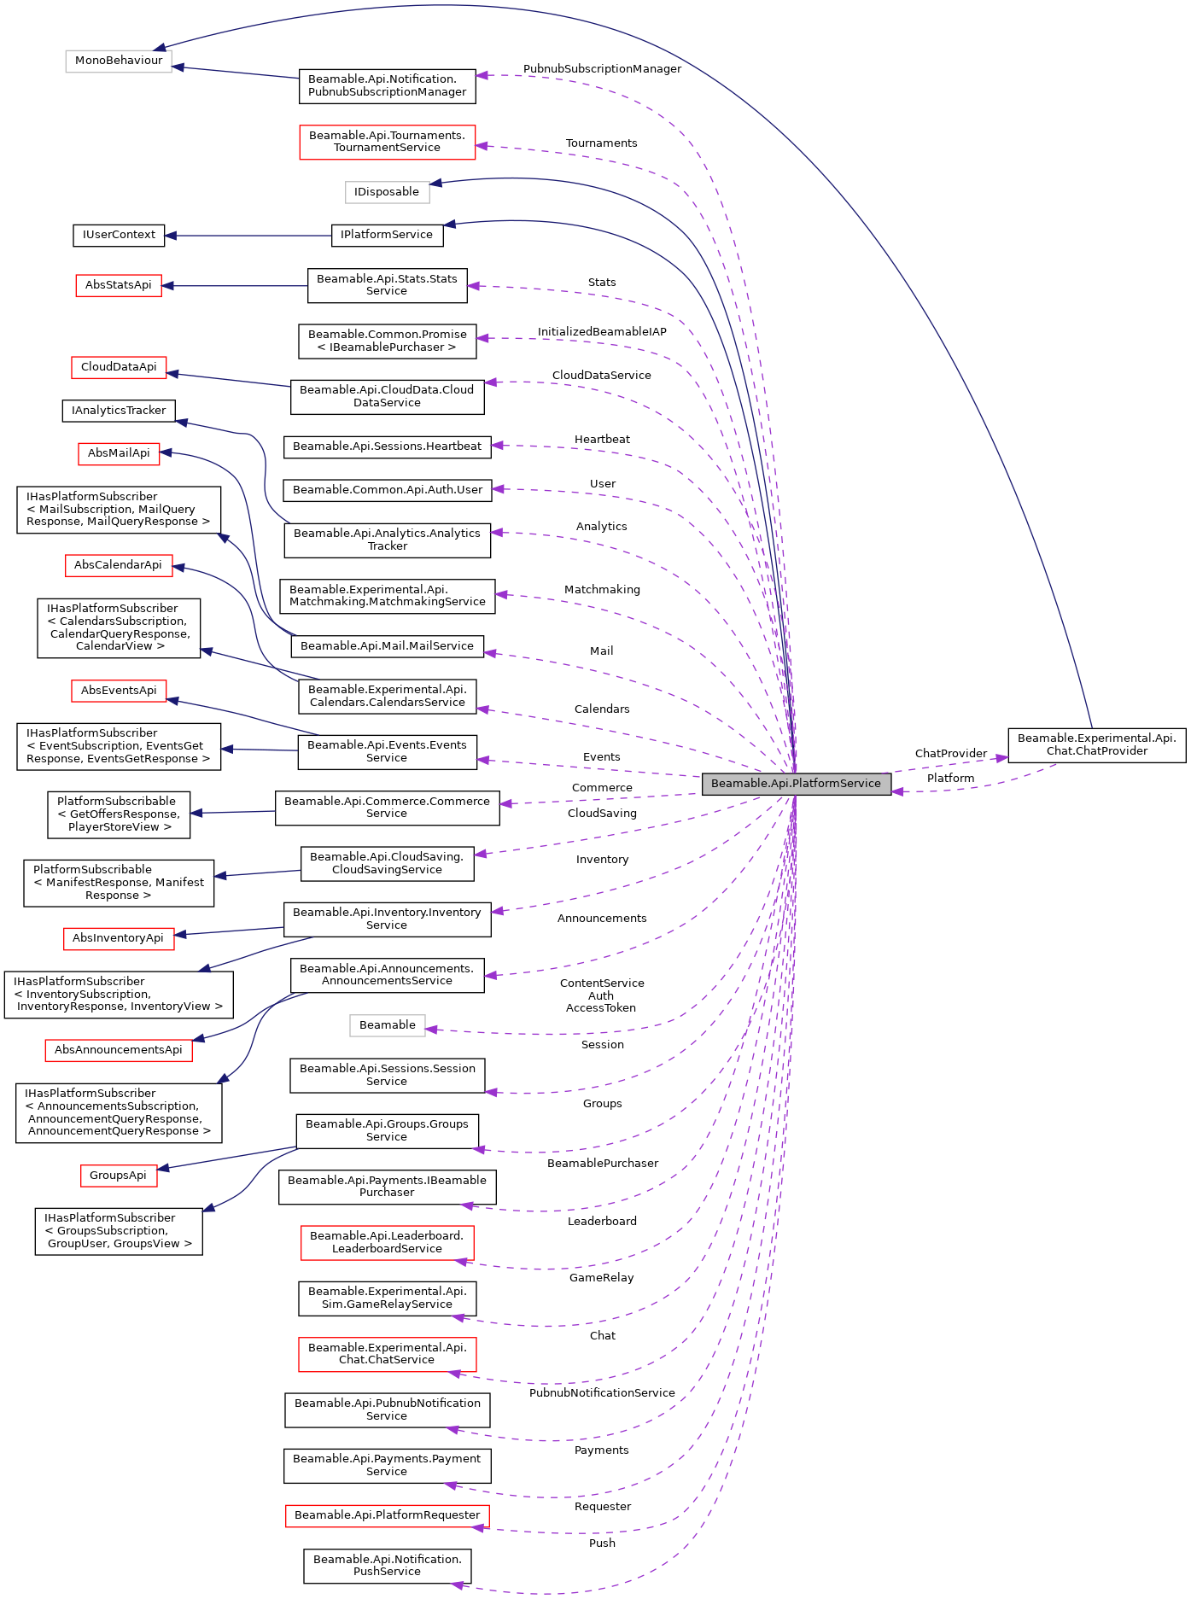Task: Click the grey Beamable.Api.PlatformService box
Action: point(796,784)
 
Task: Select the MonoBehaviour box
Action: point(119,61)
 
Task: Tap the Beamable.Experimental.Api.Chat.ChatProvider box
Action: point(1096,744)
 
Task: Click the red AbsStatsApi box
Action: point(119,285)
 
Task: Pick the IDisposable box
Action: point(387,192)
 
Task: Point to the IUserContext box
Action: point(119,235)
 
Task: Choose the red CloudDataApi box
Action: point(119,367)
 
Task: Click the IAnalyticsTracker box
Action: point(119,411)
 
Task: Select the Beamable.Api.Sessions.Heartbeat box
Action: point(387,446)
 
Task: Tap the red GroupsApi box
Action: point(119,1176)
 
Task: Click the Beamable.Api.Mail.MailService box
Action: point(387,646)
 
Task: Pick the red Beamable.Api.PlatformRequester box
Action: point(387,1515)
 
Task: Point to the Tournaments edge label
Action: point(601,143)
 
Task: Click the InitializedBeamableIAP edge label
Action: point(602,332)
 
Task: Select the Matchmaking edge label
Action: point(602,590)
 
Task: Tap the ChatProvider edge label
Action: point(950,754)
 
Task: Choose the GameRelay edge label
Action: point(602,1278)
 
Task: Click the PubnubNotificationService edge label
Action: point(602,1393)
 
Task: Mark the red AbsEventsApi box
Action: point(119,691)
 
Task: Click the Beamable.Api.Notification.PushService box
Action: point(387,1566)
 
